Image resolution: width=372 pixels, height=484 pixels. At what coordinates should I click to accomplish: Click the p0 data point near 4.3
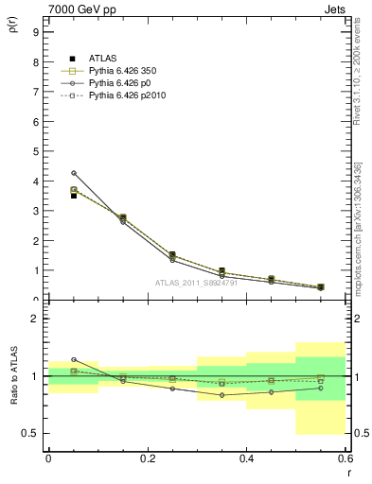[73, 173]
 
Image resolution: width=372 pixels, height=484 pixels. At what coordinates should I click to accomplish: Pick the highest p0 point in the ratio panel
[73, 359]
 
